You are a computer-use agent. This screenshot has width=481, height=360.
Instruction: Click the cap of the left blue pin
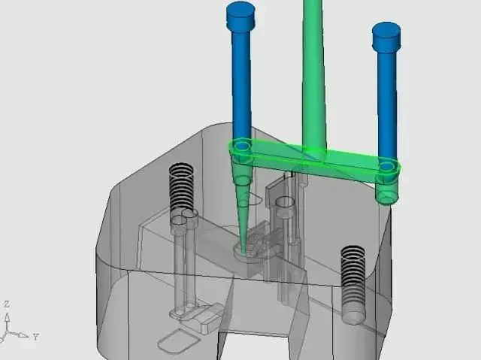(x=241, y=17)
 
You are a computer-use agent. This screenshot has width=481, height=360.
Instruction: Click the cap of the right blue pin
(x=386, y=37)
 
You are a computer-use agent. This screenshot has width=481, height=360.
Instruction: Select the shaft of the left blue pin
(x=242, y=86)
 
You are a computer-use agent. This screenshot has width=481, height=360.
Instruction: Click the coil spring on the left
(x=181, y=187)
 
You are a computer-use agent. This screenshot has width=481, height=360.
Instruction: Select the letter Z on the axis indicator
(x=7, y=304)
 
